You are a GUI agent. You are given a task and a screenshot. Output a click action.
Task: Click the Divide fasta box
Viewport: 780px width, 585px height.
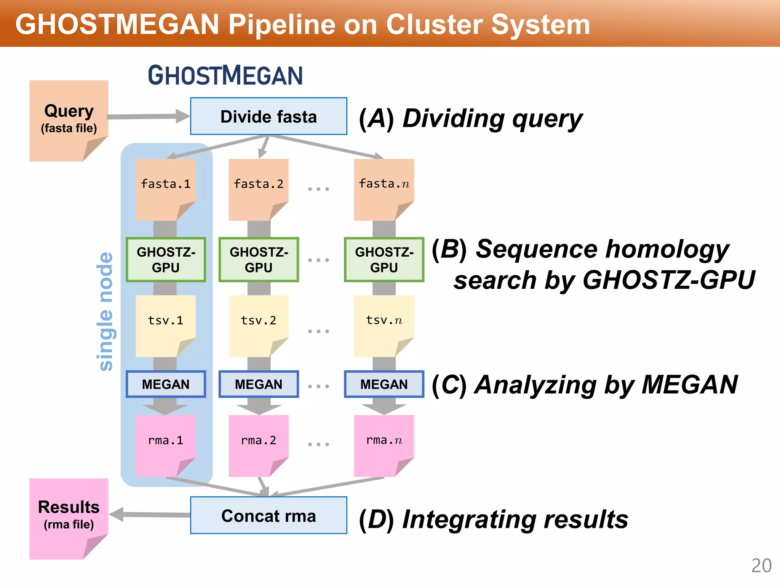pos(269,117)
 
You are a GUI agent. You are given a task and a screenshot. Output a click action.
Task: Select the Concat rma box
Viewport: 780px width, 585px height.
pos(269,516)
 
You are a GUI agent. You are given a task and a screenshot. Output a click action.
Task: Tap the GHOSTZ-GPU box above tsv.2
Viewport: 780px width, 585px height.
pos(259,260)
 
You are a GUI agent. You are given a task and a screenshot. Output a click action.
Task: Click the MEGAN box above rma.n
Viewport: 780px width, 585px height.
pos(384,384)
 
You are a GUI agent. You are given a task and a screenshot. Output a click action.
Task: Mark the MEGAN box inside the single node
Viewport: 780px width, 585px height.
pos(166,384)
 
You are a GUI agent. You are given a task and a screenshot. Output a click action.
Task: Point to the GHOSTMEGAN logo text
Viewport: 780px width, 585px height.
pos(225,75)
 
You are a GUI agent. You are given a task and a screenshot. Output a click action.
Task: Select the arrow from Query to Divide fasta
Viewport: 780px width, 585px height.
pos(149,117)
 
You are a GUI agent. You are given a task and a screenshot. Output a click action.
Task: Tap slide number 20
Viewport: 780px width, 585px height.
pos(761,566)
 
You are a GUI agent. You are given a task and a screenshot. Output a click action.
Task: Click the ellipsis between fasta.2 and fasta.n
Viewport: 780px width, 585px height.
pos(318,189)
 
